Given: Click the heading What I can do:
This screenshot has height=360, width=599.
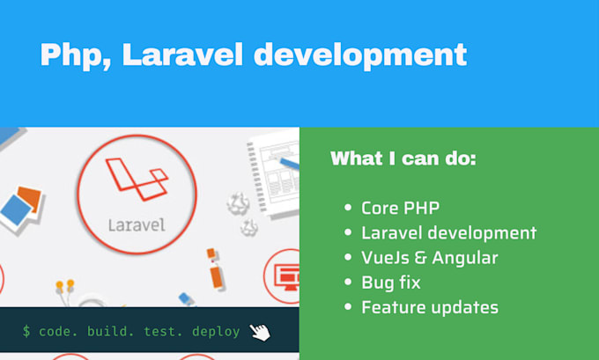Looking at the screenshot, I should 403,159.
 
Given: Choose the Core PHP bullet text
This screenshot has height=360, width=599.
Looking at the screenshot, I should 400,209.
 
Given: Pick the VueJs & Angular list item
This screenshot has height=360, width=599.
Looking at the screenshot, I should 429,258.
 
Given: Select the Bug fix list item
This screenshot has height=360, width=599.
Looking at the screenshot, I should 390,283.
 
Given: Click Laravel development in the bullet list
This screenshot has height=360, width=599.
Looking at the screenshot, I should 448,233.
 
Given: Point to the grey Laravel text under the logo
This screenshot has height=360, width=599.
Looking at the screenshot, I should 137,224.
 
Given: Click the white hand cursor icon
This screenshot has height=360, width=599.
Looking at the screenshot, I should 260,331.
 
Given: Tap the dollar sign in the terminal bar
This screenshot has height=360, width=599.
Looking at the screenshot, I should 27,332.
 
